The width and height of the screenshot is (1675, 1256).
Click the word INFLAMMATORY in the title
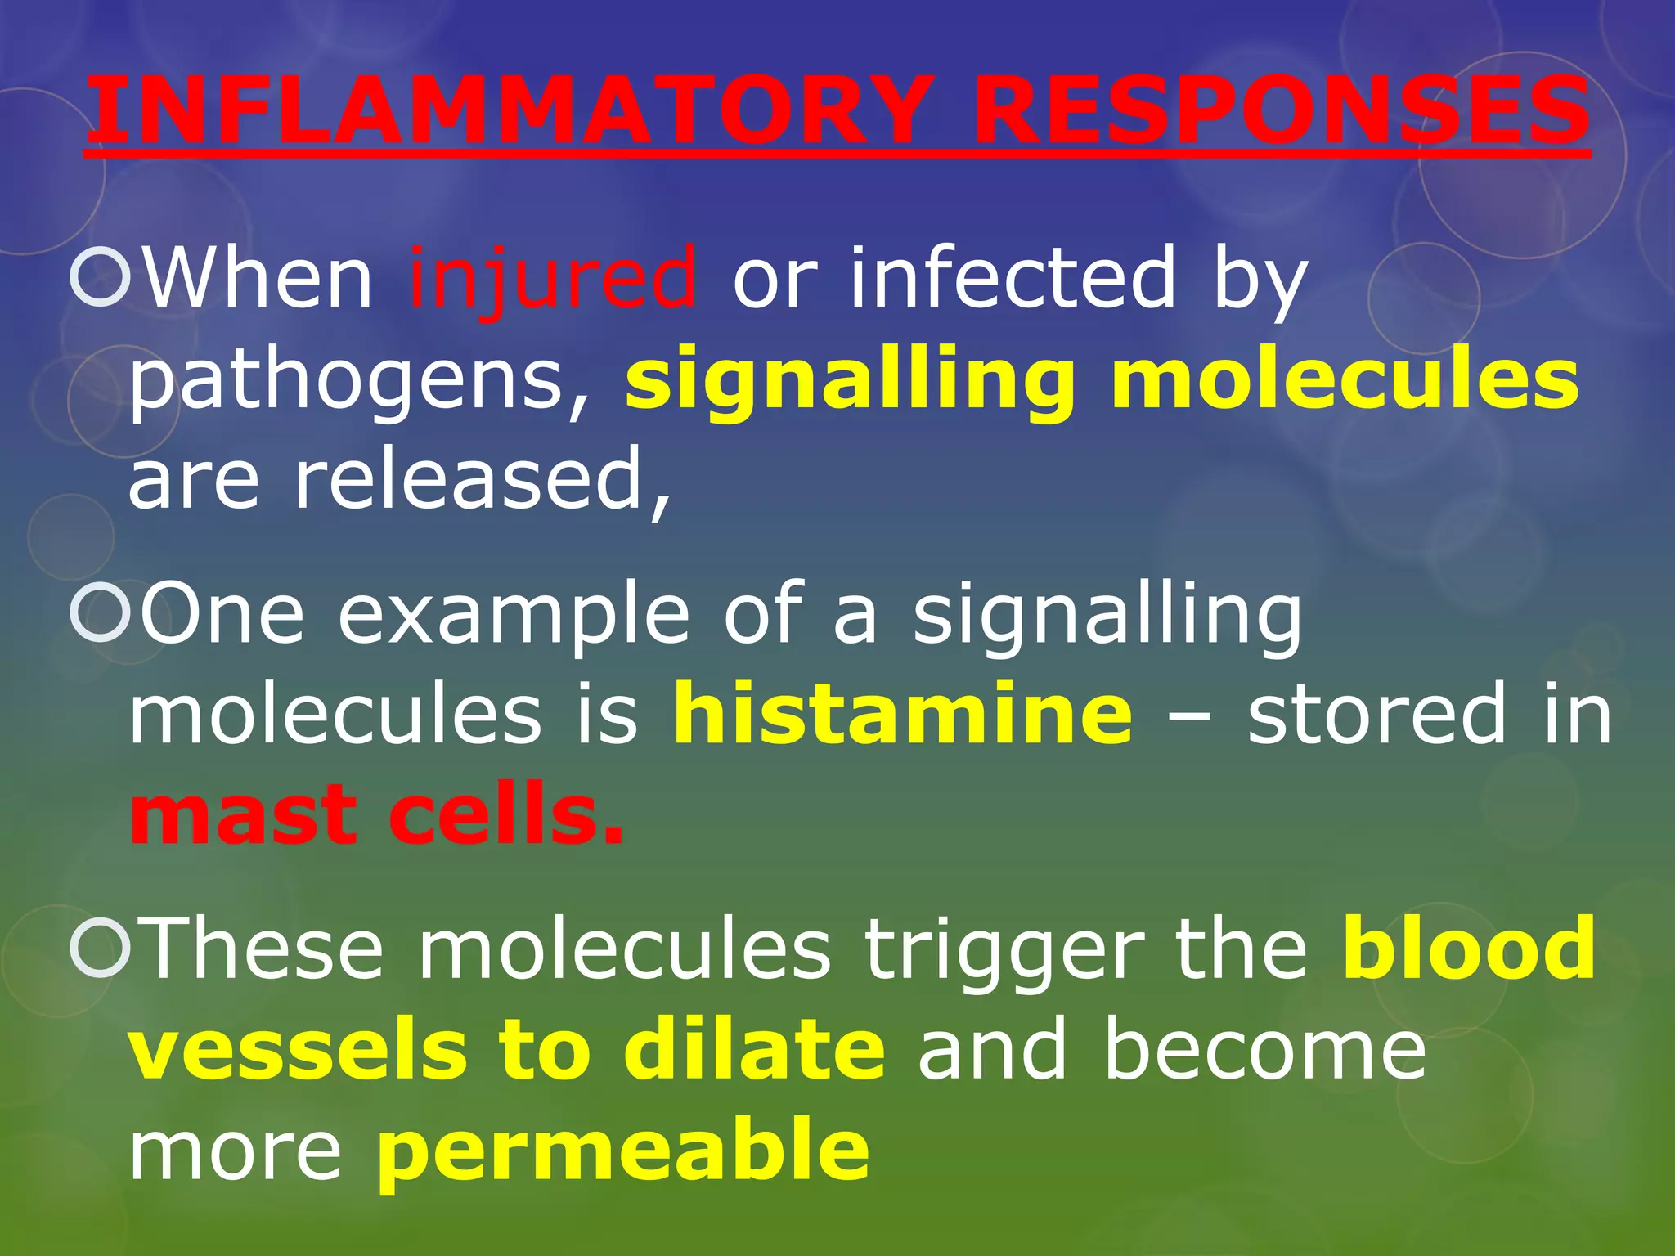coord(507,110)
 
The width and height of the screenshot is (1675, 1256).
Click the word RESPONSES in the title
coord(1281,110)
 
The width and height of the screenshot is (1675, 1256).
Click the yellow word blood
coord(1469,949)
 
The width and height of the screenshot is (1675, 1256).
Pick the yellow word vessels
coord(299,1051)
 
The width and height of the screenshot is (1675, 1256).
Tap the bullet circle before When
coord(101,278)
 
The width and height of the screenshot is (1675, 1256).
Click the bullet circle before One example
coord(101,613)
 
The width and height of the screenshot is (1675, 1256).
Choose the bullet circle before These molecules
coord(101,949)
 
